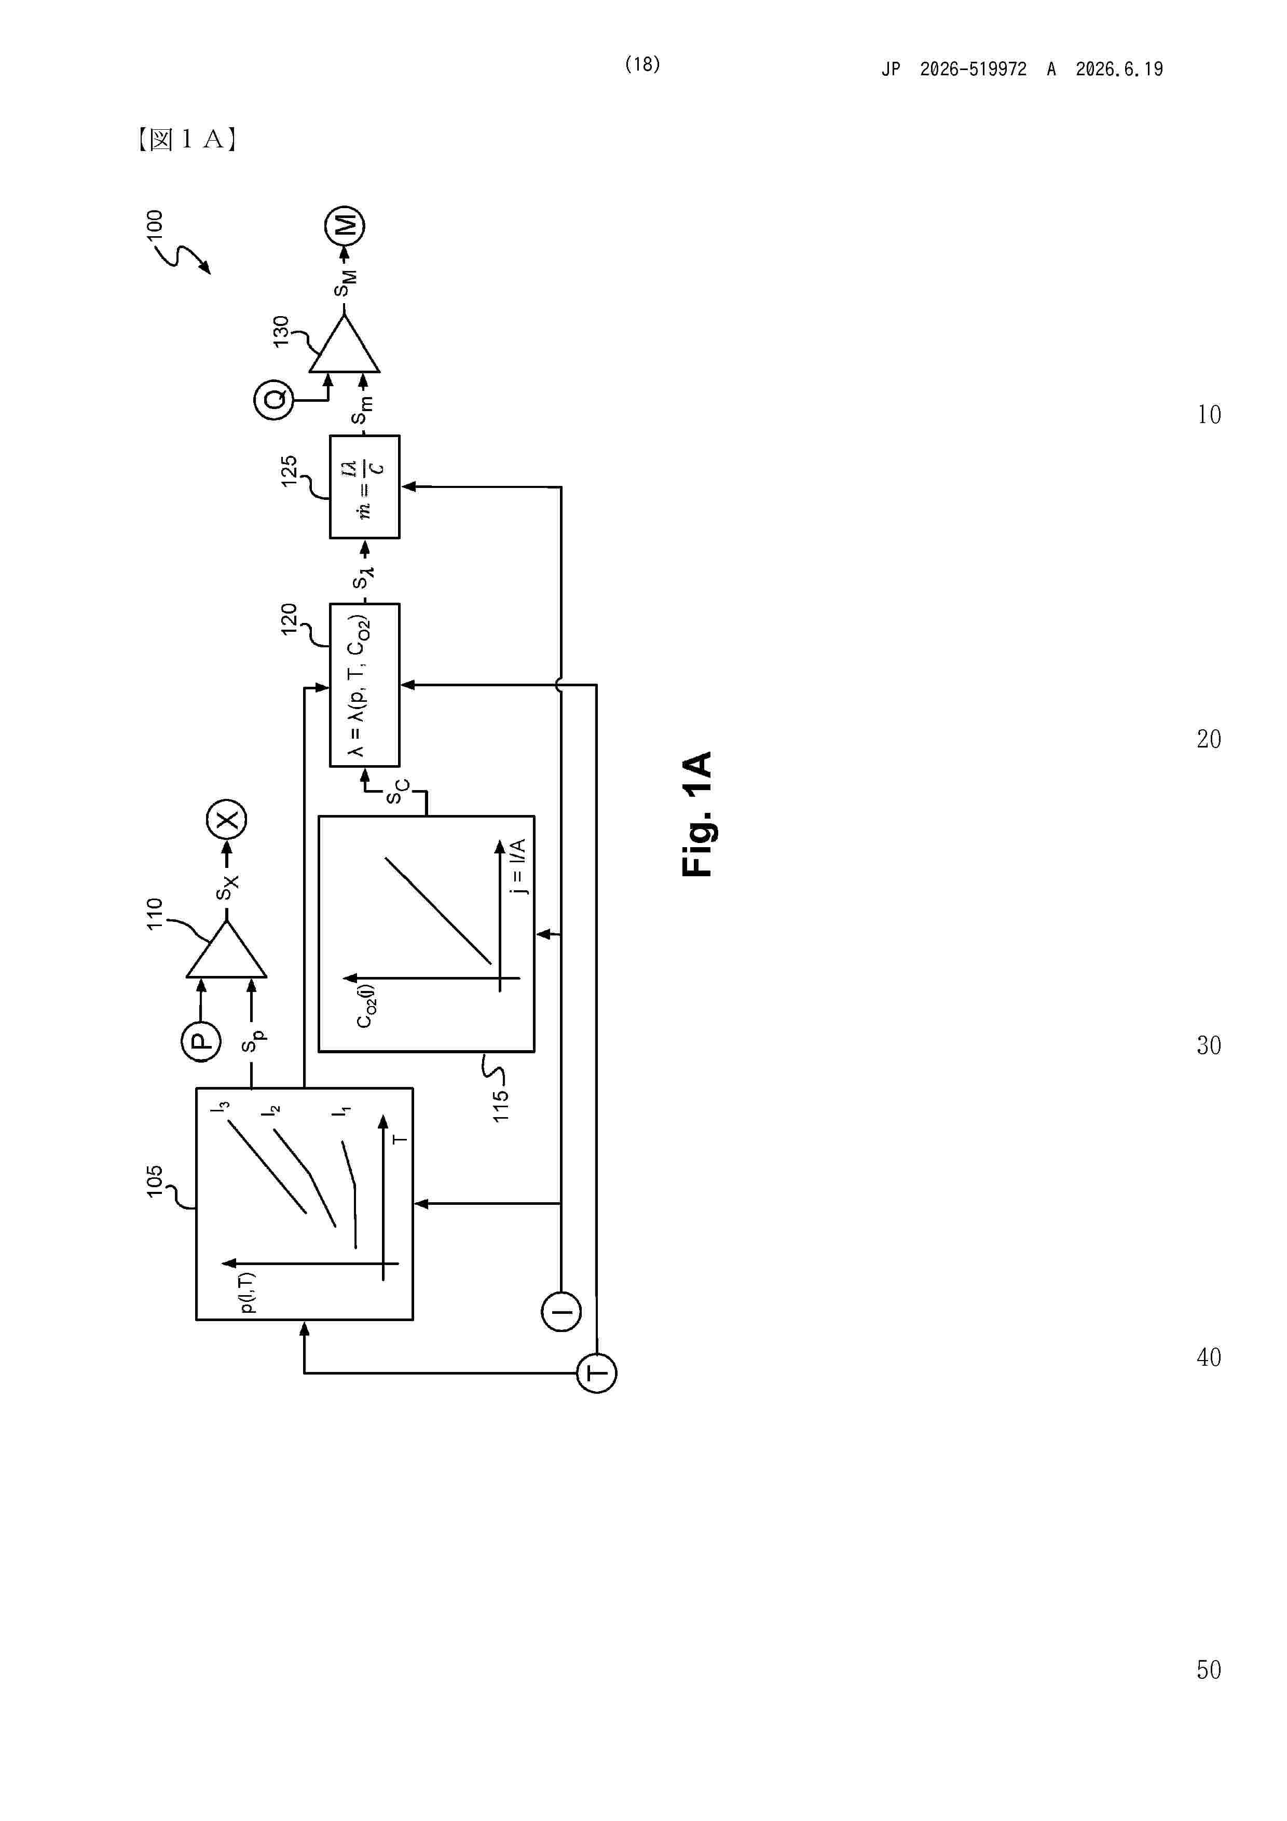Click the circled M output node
(x=345, y=226)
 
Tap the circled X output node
(x=227, y=819)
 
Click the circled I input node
(x=562, y=1311)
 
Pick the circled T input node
(x=596, y=1373)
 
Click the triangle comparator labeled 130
(x=344, y=344)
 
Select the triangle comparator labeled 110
(x=227, y=949)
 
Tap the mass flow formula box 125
(x=365, y=487)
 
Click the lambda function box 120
(x=365, y=685)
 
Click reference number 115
(x=500, y=1106)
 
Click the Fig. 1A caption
(x=697, y=814)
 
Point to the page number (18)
(x=642, y=64)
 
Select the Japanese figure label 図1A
(x=187, y=140)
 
